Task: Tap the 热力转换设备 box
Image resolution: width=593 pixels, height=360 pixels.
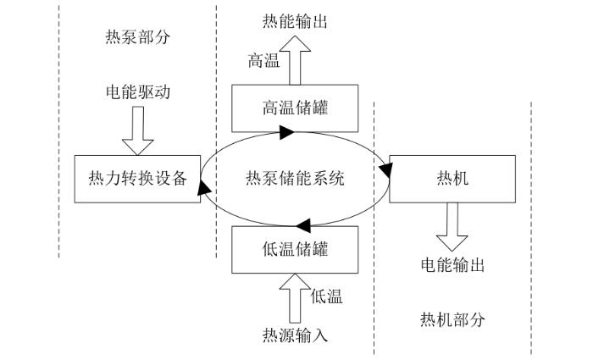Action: click(x=136, y=179)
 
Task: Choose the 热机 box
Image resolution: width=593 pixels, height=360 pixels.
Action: click(x=452, y=179)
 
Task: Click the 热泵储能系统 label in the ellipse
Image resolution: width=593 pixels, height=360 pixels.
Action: click(x=294, y=179)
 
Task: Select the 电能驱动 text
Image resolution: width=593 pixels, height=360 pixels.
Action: click(x=137, y=91)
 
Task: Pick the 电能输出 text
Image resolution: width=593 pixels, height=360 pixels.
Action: click(x=452, y=265)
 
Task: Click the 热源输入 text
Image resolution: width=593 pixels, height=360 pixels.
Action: click(x=296, y=334)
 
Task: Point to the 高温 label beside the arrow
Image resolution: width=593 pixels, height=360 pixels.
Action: click(x=263, y=60)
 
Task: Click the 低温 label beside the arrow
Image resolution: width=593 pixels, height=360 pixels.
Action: click(x=327, y=296)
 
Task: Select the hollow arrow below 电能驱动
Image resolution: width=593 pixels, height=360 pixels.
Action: click(x=137, y=126)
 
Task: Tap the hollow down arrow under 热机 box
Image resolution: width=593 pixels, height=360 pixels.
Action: click(x=452, y=222)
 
